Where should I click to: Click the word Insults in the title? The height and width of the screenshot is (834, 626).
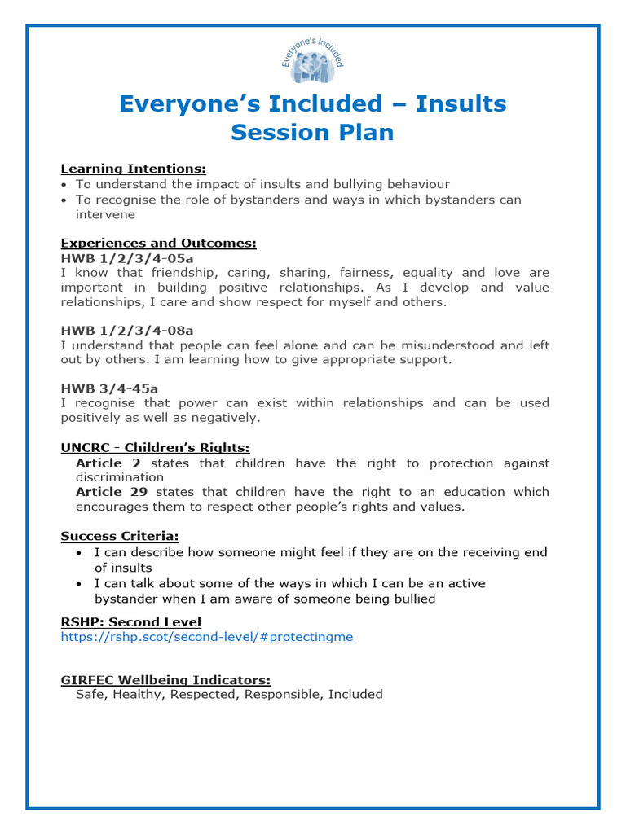click(460, 104)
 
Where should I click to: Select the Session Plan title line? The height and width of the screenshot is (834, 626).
click(312, 133)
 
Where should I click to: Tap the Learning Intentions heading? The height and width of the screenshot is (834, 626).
click(134, 169)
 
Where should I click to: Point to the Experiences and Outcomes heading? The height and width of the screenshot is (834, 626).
click(159, 244)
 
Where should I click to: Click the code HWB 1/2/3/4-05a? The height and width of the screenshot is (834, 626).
click(127, 258)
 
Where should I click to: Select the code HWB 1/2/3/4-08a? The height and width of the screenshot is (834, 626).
click(127, 331)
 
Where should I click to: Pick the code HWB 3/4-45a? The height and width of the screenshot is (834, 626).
click(106, 388)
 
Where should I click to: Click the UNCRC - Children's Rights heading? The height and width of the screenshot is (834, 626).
click(155, 447)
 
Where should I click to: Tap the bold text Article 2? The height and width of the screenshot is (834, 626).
click(108, 463)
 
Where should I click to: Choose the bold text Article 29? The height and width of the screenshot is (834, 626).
click(112, 492)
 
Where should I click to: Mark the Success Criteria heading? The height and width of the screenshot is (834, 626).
click(120, 536)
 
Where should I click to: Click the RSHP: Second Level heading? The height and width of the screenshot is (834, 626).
click(131, 622)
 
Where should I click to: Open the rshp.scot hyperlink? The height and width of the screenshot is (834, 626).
click(207, 637)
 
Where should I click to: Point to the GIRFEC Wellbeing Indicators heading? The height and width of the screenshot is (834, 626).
click(165, 679)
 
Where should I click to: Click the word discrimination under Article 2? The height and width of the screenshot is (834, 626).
click(120, 477)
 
